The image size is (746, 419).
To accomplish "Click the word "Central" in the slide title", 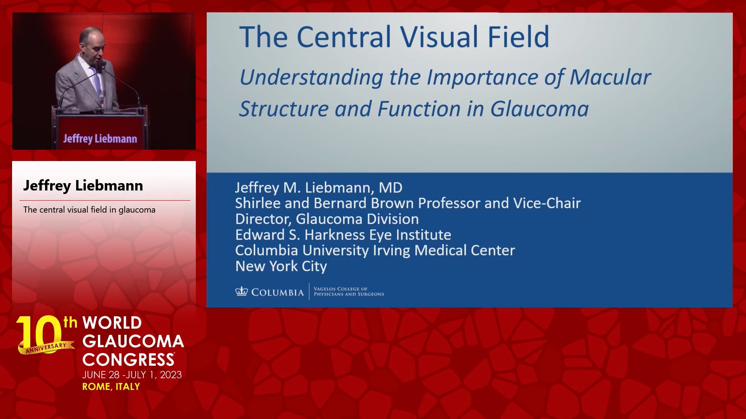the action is [344, 37].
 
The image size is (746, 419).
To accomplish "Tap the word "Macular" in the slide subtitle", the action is [610, 77].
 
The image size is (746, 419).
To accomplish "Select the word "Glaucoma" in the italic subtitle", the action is [539, 109].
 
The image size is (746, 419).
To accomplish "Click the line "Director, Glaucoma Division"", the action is [327, 219].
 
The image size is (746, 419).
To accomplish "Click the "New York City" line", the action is [281, 267].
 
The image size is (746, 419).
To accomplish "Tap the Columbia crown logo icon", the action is [241, 291].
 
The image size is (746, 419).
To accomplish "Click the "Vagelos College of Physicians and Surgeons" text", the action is [349, 292].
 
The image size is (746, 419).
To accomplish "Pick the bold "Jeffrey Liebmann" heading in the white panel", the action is [83, 186].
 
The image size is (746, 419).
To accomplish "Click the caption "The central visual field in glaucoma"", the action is [89, 210].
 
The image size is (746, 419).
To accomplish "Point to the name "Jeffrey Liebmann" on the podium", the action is [100, 139].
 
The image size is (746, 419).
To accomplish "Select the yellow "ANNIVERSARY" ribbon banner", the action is [46, 348].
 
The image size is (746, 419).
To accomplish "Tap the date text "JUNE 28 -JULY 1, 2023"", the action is [132, 375].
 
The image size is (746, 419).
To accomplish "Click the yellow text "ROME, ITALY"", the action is [111, 387].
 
